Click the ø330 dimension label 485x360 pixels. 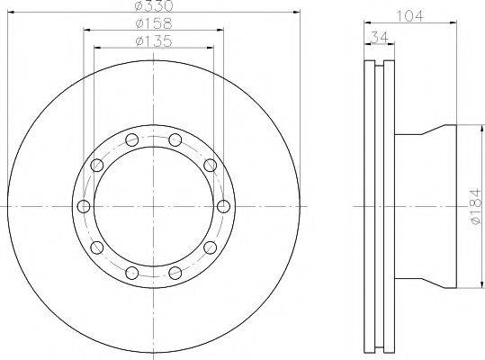[154, 5]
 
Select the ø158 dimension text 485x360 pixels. [154, 23]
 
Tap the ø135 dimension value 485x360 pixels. [154, 41]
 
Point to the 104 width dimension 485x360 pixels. [409, 16]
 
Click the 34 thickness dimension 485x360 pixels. [379, 38]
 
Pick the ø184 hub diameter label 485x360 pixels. [476, 207]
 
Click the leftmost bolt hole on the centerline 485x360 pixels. [84, 206]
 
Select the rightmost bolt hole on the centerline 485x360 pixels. [223, 206]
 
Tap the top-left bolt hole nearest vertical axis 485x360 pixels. [132, 139]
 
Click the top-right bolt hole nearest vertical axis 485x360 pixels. [175, 139]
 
